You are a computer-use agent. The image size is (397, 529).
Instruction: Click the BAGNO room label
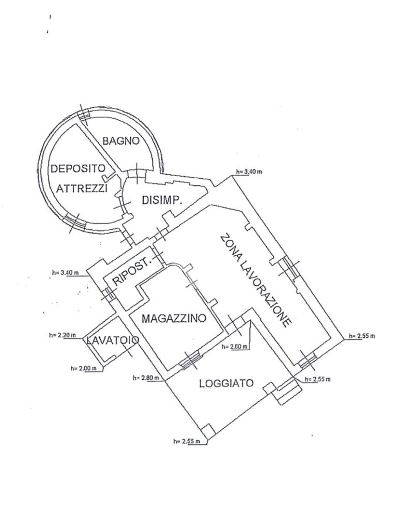coord(120,140)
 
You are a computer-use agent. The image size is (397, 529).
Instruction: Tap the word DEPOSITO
coord(78,168)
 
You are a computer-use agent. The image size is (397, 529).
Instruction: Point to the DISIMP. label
coord(162,200)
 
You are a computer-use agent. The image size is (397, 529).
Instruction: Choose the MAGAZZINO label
coord(174,318)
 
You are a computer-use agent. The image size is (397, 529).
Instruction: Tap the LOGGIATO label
coord(226,383)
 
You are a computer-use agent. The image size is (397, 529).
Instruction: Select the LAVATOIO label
coord(112,340)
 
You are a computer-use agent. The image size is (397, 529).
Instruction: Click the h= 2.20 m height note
coord(62,335)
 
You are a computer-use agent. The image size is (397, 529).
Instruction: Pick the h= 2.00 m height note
coord(83,368)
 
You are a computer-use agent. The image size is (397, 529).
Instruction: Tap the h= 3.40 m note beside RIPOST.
coord(65,272)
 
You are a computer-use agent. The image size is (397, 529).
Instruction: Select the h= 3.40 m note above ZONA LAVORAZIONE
coord(248,172)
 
